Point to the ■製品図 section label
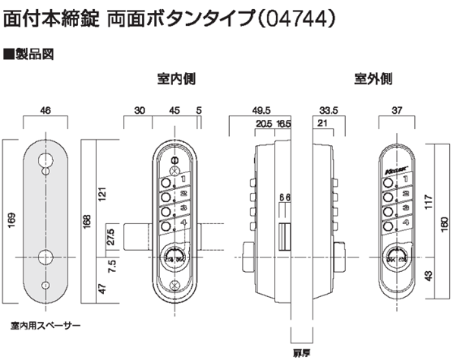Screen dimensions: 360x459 (x=26, y=55)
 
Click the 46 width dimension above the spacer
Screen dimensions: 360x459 (x=46, y=111)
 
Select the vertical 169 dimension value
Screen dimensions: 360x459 (x=10, y=221)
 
